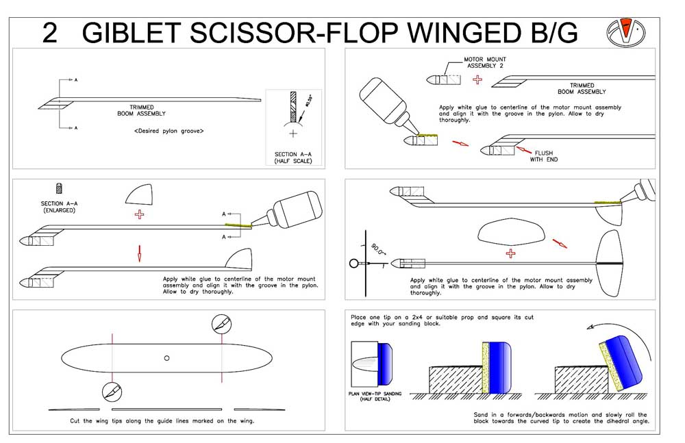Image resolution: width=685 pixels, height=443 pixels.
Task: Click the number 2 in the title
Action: (49, 32)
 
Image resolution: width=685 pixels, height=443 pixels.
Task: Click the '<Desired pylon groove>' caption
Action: (169, 130)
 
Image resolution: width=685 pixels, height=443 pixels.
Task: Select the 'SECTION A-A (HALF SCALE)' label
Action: (295, 158)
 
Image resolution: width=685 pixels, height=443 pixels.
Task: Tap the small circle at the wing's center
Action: (167, 358)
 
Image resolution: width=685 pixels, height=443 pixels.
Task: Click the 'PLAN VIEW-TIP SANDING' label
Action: (374, 395)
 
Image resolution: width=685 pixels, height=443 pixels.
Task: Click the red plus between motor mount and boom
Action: (477, 80)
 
